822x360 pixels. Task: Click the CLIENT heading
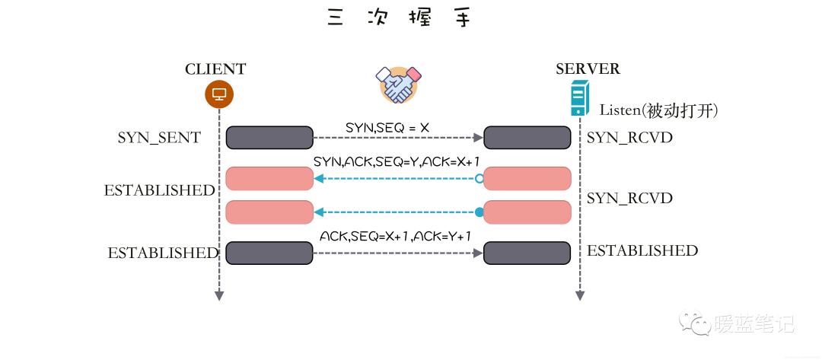coord(215,69)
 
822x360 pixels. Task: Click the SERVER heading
coord(588,69)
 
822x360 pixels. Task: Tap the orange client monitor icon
coord(219,95)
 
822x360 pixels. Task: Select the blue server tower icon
coord(581,100)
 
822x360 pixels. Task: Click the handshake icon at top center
coord(399,84)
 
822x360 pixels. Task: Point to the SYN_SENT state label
coord(159,138)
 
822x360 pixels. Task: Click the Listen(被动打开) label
coord(659,110)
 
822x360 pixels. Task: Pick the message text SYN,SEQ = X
coord(387,127)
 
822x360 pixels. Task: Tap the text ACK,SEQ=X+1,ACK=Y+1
coord(396,236)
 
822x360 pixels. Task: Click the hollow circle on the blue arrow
coord(479,179)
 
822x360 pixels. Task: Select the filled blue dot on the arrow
coord(479,212)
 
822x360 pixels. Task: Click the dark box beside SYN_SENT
coord(269,138)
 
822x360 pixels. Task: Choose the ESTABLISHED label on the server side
coord(642,250)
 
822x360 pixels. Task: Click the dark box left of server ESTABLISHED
coord(527,253)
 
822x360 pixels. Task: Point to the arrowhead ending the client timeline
coord(219,295)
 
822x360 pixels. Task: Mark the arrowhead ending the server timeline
coord(581,295)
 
